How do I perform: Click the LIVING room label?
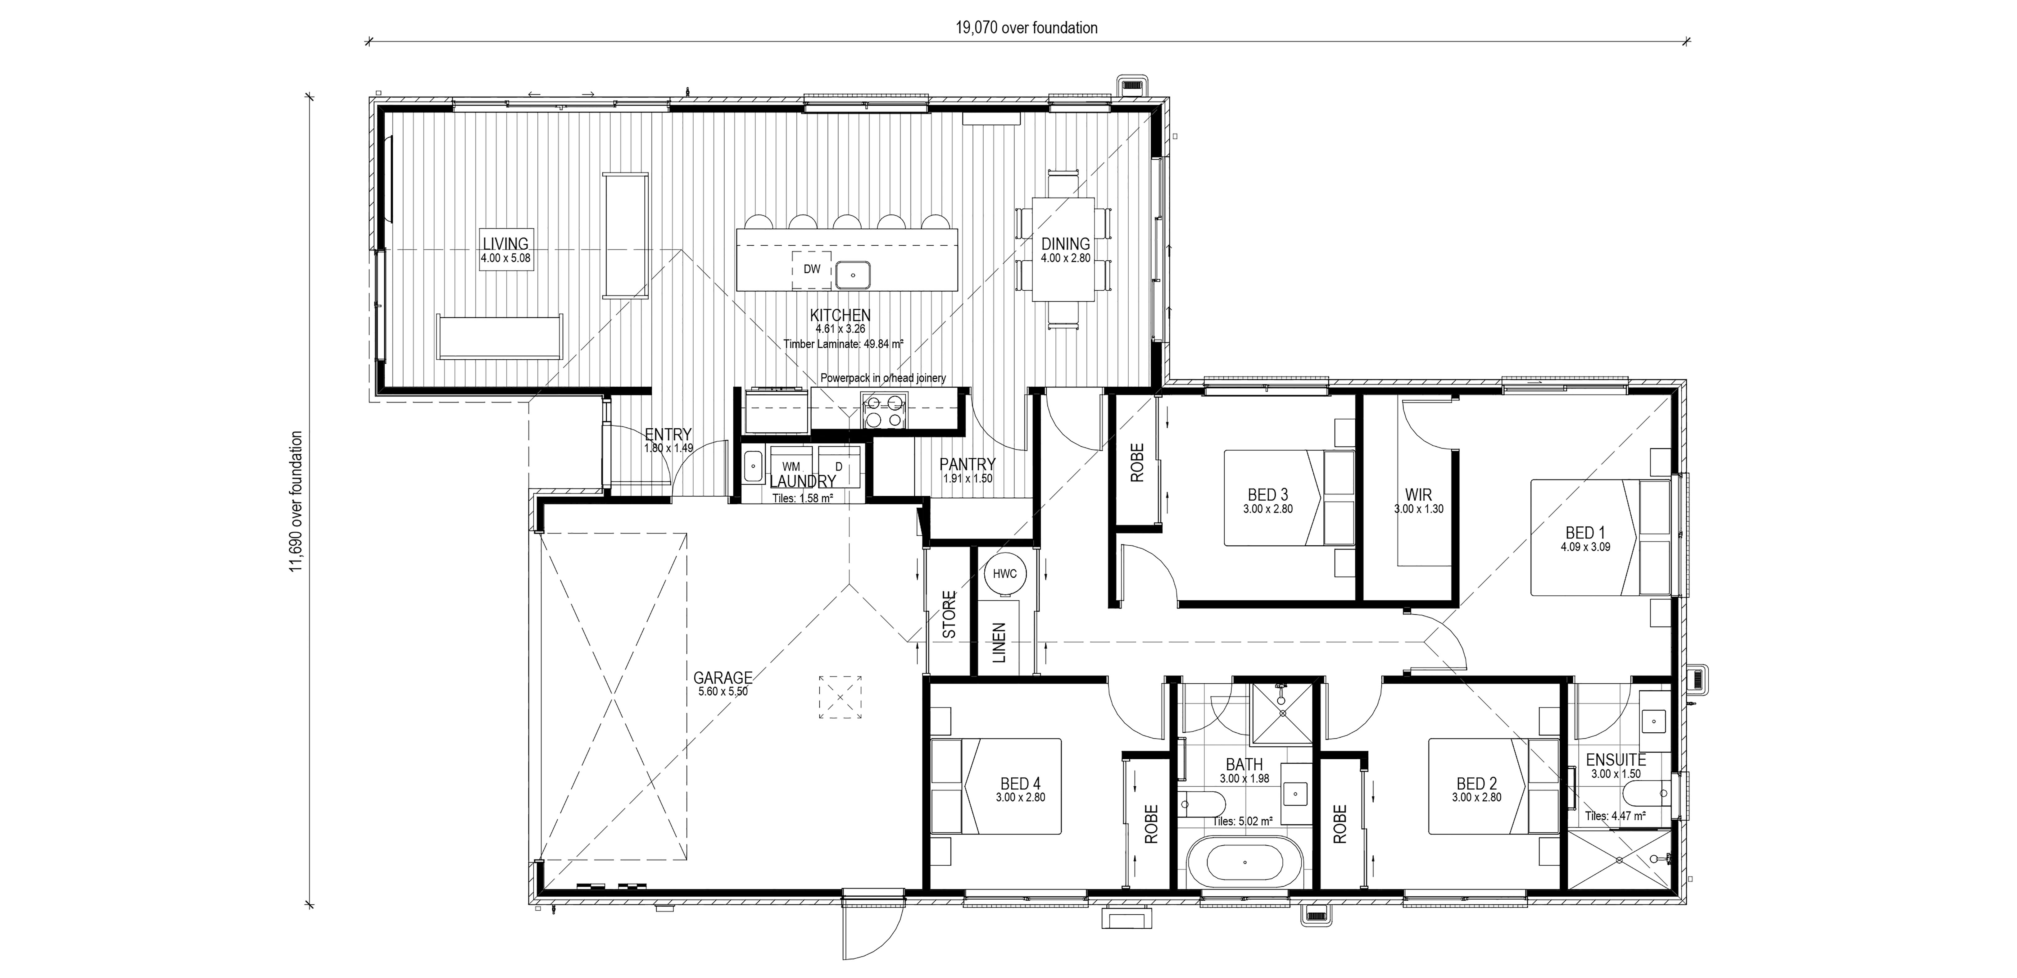[x=505, y=244]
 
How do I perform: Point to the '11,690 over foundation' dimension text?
[x=296, y=501]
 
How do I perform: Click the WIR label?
[x=1418, y=495]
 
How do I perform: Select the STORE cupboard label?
[x=949, y=615]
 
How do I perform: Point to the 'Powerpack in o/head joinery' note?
[x=882, y=378]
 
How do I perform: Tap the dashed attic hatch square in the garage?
[x=840, y=697]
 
